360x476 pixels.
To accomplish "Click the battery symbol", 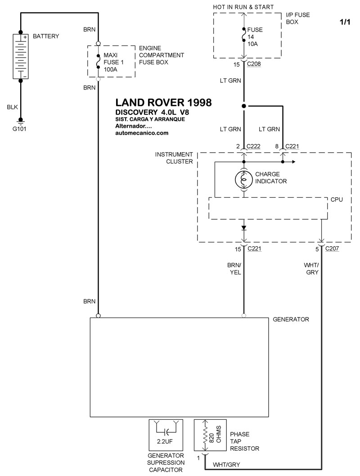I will (20, 57).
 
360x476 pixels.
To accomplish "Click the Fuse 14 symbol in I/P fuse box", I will (244, 36).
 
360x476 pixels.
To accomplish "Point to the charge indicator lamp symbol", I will (244, 179).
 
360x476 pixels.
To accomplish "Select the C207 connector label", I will (332, 249).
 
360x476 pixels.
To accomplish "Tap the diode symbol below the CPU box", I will (244, 227).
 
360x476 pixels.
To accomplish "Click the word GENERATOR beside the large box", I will (291, 319).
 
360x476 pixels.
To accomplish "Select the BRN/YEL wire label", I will (235, 269).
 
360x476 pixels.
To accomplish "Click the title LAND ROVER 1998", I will (163, 103).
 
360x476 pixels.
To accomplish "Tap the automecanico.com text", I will (142, 133).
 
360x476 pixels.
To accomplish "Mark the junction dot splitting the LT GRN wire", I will (244, 106).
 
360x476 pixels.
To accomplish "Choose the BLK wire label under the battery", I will (12, 107).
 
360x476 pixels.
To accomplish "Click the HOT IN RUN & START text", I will (243, 7).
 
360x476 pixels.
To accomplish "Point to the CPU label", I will (337, 199).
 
